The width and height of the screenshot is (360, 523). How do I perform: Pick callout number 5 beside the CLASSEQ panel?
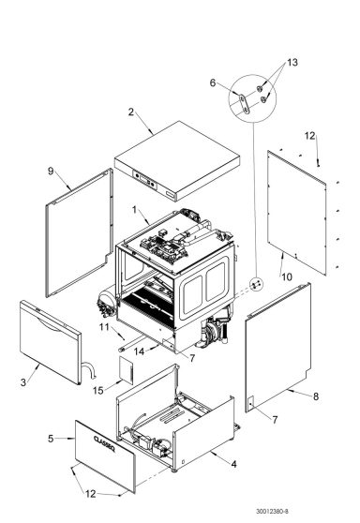[x=50, y=438]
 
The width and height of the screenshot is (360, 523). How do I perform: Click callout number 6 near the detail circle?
[x=212, y=83]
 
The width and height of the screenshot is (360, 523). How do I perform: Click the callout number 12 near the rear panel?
[x=310, y=137]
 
